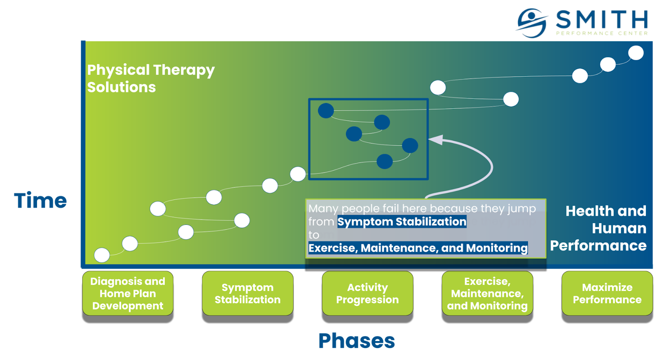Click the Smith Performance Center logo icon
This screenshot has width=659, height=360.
coord(532,23)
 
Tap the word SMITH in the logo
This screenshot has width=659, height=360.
coord(602,19)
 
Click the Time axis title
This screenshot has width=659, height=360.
coord(41,201)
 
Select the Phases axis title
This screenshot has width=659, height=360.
coord(357,341)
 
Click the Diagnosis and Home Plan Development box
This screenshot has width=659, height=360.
coord(128,293)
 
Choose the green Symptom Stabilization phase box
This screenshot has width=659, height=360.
coord(248,293)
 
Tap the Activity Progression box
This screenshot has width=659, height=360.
coord(367,293)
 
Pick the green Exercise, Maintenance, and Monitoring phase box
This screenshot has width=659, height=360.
coord(487,293)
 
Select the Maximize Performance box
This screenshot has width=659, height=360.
coord(607,293)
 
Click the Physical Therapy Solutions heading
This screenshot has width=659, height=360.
coord(151,79)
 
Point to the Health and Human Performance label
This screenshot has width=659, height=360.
coord(598,228)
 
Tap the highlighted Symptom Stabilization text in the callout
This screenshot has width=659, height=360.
coord(402,222)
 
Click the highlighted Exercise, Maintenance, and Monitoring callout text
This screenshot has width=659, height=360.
coord(418,248)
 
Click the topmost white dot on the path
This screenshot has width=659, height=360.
coord(636,53)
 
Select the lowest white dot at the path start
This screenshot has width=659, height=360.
coord(102,255)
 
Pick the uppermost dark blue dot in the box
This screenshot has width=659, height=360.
coord(326,111)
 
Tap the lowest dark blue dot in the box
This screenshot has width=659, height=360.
coord(385,161)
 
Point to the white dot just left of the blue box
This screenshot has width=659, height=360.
coord(298,174)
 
